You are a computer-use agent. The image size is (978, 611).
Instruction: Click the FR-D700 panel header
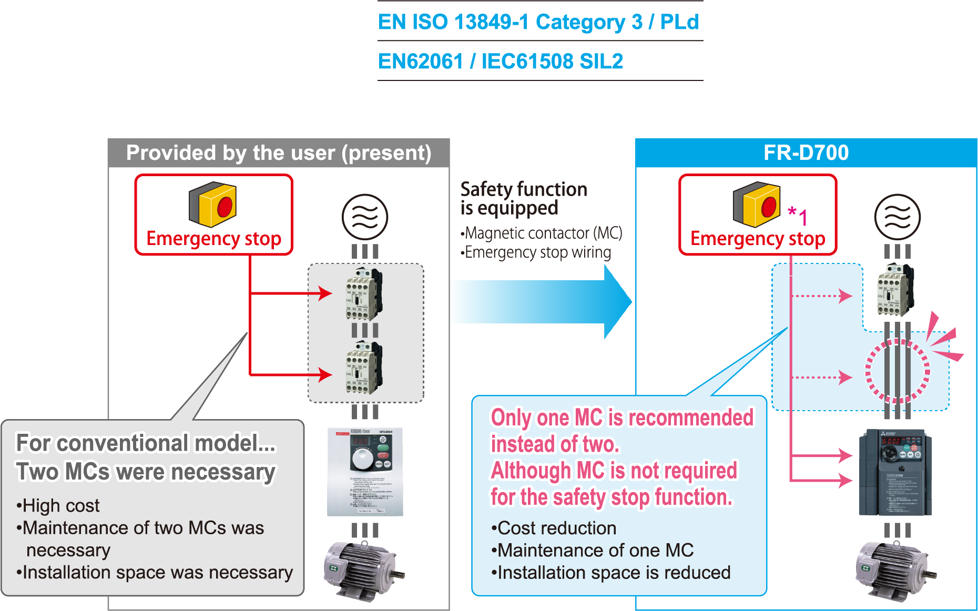click(x=806, y=153)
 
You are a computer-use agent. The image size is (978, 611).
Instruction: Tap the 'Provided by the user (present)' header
click(x=279, y=153)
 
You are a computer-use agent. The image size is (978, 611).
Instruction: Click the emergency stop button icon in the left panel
click(x=213, y=205)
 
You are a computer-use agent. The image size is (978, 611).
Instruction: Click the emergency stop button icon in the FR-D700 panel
click(x=757, y=205)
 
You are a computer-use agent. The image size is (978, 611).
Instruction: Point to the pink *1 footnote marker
click(x=798, y=216)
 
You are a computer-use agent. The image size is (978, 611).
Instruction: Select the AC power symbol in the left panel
click(x=365, y=217)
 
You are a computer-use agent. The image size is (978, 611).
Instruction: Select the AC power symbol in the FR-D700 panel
click(x=897, y=217)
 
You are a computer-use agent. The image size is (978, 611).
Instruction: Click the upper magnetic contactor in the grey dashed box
click(x=364, y=294)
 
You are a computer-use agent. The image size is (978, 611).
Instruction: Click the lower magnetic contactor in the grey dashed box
click(x=364, y=368)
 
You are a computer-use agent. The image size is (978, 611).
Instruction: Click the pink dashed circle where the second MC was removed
click(x=898, y=371)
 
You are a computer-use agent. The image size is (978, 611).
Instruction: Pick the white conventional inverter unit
click(x=365, y=472)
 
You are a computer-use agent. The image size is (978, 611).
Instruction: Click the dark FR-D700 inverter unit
click(x=895, y=472)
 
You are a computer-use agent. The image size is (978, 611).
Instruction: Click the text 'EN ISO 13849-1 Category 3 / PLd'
click(x=538, y=22)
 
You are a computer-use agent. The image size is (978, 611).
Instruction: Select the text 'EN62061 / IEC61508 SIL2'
click(x=501, y=62)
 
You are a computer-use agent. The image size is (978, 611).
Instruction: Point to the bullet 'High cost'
click(x=58, y=505)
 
